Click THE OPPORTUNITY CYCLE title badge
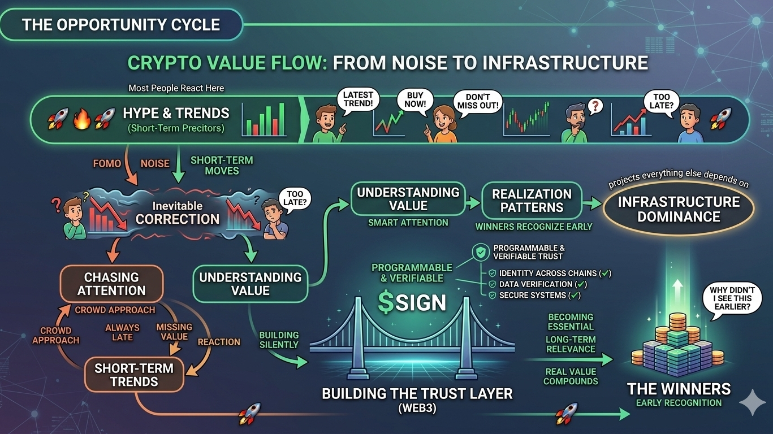(121, 25)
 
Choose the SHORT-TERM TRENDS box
(134, 375)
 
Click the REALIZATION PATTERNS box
(524, 201)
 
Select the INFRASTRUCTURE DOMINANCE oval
(678, 209)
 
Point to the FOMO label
(107, 163)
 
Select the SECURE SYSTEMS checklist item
(536, 295)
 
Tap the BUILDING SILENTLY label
(279, 340)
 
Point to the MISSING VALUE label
(174, 332)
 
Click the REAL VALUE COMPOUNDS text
(571, 376)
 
